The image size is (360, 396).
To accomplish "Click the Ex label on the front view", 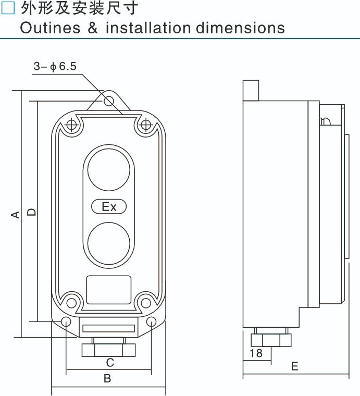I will click(109, 207).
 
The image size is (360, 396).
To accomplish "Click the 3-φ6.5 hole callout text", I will click(55, 66).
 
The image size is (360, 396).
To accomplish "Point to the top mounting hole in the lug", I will click(109, 101).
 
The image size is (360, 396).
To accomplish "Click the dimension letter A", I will click(16, 214).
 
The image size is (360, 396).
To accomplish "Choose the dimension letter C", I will click(110, 362).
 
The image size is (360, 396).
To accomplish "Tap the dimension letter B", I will click(107, 379).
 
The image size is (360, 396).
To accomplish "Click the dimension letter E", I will click(295, 366).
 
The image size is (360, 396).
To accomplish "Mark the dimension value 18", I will click(256, 353).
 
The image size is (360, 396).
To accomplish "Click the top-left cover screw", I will click(71, 126).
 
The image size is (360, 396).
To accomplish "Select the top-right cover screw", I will click(146, 126).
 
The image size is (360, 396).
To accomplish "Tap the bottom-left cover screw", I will click(71, 301).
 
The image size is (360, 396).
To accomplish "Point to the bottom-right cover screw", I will click(146, 301).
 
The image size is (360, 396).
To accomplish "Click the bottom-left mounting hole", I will click(66, 321).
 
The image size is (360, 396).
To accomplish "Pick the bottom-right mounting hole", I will click(151, 321).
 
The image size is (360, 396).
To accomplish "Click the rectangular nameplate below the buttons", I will click(108, 290).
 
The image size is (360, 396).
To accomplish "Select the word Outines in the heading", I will click(50, 28).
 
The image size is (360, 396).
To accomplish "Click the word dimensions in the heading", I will click(240, 28).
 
